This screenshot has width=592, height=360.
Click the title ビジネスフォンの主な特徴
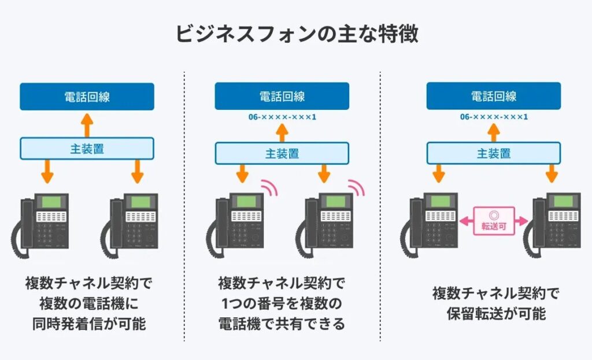296,34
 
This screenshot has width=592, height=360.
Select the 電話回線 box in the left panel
87,97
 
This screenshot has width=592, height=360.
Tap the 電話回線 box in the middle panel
282,96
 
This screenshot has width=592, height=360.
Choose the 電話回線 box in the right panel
493,96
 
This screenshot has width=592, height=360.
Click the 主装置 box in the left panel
87,148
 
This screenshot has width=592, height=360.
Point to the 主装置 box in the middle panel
282,153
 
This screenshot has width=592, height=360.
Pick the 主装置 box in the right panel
493,153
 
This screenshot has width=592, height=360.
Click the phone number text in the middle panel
282,117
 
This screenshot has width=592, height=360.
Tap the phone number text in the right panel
493,117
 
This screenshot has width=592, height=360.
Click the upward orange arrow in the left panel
86,123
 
